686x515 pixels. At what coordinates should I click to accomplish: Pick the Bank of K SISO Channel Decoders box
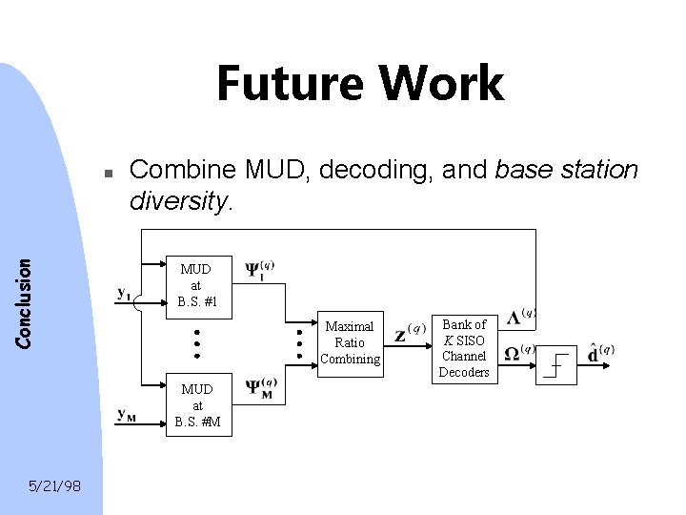tap(464, 348)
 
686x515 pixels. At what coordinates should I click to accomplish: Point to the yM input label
tap(127, 414)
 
